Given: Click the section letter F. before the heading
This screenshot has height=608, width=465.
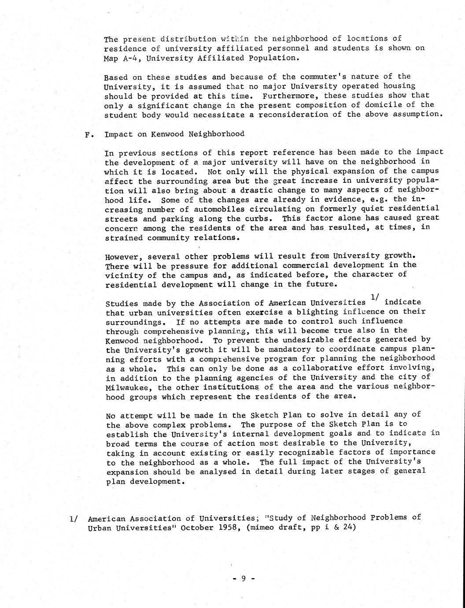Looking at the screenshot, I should (88, 134).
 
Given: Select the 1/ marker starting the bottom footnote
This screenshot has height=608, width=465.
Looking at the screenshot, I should (74, 519).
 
